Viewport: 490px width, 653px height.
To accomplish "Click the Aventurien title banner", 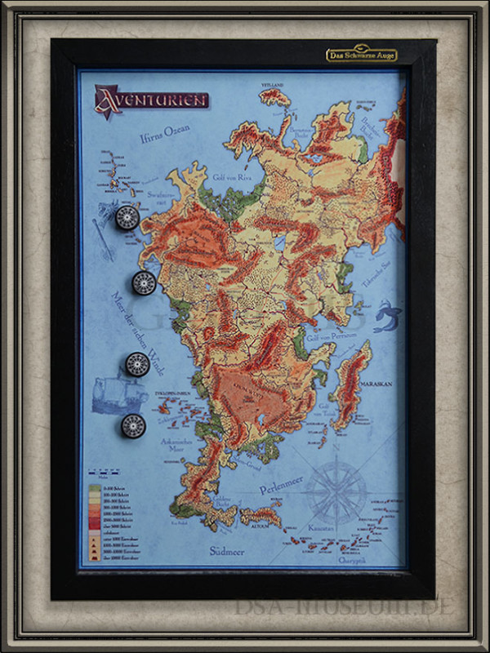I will pyautogui.click(x=152, y=100).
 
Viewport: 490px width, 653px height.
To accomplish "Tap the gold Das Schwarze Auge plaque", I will pyautogui.click(x=361, y=55).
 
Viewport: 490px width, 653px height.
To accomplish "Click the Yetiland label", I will pyautogui.click(x=272, y=84).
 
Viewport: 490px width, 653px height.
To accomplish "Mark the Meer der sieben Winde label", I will pyautogui.click(x=131, y=335).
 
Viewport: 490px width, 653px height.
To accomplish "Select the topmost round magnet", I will pyautogui.click(x=127, y=217).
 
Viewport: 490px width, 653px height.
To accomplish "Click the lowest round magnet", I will pyautogui.click(x=133, y=424).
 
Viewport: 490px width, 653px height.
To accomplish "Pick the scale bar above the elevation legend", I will pyautogui.click(x=99, y=473).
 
